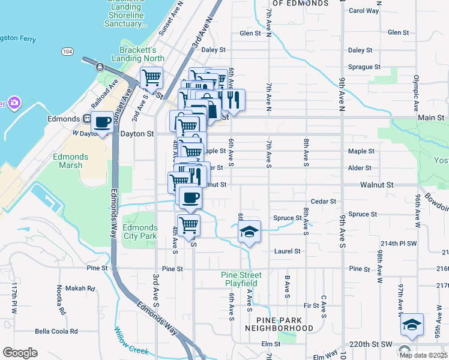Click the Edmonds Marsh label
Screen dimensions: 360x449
(x=70, y=161)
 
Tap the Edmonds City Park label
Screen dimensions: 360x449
(x=140, y=232)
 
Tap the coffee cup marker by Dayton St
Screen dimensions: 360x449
(x=102, y=122)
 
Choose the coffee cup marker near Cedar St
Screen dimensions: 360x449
(x=190, y=197)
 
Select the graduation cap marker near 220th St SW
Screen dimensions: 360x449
(x=411, y=325)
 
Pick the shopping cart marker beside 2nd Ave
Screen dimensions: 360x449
(x=152, y=78)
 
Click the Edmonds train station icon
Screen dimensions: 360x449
(x=86, y=119)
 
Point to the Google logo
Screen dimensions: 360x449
(x=20, y=353)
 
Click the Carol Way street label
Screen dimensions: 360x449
(x=364, y=11)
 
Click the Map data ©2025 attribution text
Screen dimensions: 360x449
(x=424, y=355)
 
